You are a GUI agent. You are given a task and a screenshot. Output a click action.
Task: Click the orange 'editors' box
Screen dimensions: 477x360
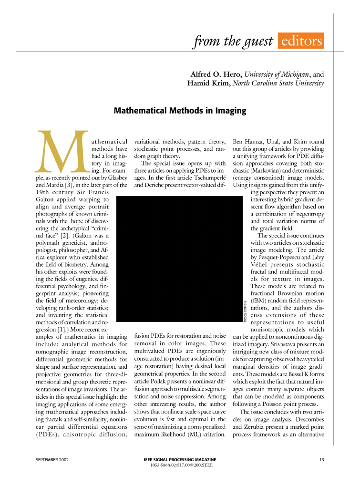tap(300, 41)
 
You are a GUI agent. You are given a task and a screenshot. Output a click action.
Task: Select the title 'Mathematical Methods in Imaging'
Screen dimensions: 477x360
tap(180, 111)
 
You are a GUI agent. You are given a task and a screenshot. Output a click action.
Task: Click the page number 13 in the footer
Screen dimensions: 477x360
tap(321, 459)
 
